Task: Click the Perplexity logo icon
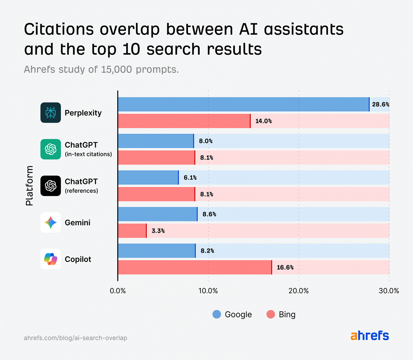[x=51, y=113]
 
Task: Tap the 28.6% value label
[x=381, y=105]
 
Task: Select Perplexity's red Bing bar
[x=184, y=121]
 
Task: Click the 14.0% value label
[x=263, y=121]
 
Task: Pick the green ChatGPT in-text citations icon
[x=51, y=149]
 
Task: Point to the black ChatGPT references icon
[x=51, y=186]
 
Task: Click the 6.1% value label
[x=190, y=178]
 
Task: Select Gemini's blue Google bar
[x=157, y=214]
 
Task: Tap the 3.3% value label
[x=158, y=231]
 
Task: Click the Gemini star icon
[x=51, y=222]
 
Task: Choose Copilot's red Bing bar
[x=194, y=268]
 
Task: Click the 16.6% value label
[x=285, y=268]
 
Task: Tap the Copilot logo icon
[x=51, y=259]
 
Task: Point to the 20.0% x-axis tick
[x=298, y=291]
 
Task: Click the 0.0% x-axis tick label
[x=118, y=291]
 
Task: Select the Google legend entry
[x=232, y=314]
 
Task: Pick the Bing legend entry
[x=281, y=314]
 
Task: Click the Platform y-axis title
[x=30, y=186]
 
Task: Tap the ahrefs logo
[x=370, y=336]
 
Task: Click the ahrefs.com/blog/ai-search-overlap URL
[x=75, y=338]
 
